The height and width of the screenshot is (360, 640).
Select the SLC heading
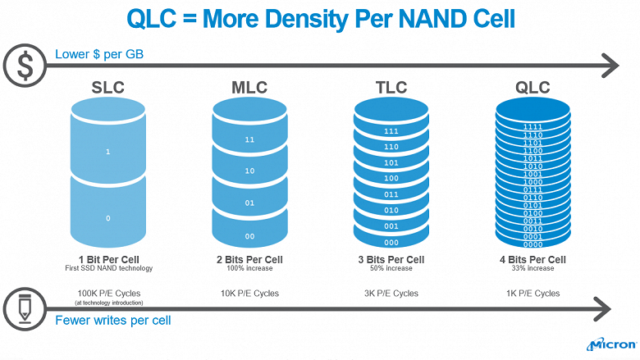pos(107,87)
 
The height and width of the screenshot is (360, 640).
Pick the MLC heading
pos(249,87)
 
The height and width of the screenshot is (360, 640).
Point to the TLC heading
pos(391,87)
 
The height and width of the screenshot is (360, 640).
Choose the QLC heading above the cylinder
pos(533,87)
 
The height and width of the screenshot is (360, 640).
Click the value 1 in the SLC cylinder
pos(107,152)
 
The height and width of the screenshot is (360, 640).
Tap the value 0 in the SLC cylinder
pos(107,218)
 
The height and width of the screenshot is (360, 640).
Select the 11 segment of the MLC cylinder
pos(249,140)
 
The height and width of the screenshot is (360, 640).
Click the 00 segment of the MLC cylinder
pos(249,236)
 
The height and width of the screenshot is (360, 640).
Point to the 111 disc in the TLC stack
pos(391,131)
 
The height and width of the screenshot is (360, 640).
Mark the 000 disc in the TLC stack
pos(391,242)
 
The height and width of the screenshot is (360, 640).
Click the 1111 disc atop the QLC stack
pos(533,126)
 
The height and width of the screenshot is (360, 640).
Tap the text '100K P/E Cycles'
pos(107,293)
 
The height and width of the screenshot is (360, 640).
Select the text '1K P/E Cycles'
pos(533,293)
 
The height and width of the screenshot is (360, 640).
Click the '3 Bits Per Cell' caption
pos(391,259)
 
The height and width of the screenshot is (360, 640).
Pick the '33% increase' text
pos(533,268)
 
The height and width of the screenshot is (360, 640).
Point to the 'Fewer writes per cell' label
pos(112,320)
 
